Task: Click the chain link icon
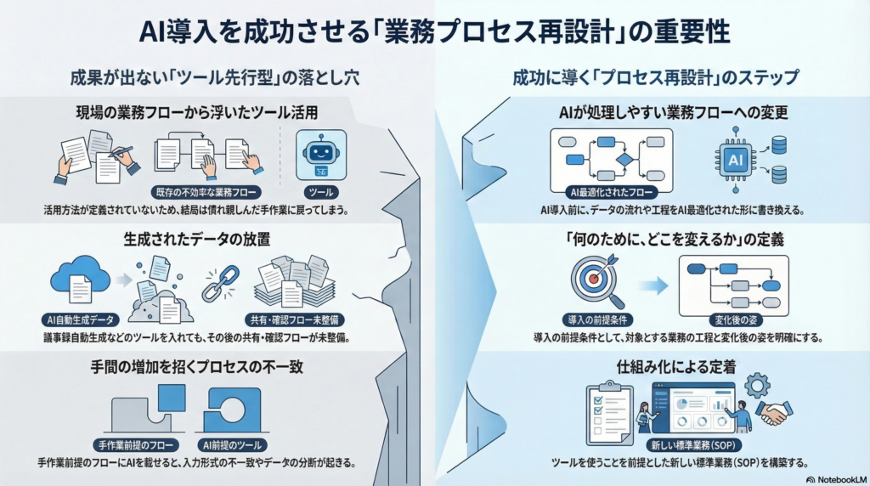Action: (219, 284)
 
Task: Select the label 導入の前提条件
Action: (594, 319)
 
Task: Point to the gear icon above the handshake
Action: (755, 387)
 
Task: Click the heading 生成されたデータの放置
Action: (195, 241)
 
